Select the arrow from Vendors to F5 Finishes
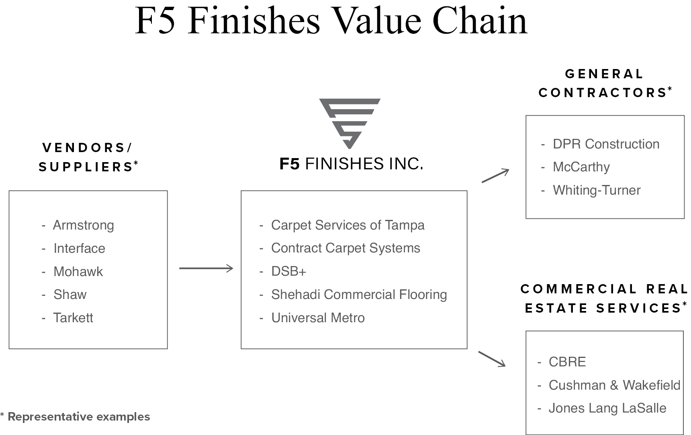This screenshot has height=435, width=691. [x=206, y=268]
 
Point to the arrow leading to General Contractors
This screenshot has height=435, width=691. [x=495, y=176]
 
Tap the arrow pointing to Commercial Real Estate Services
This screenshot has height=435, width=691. [x=492, y=359]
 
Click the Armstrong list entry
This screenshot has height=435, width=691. [x=83, y=225]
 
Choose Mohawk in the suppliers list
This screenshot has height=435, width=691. [x=78, y=272]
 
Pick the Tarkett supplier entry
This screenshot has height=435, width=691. [x=73, y=318]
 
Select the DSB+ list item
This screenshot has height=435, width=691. [x=288, y=271]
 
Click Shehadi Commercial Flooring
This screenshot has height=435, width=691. [x=359, y=295]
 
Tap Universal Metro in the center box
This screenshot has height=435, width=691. [x=318, y=318]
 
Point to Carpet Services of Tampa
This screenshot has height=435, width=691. [x=348, y=225]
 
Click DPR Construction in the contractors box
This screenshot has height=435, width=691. [x=606, y=144]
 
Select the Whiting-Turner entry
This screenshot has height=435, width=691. [x=597, y=190]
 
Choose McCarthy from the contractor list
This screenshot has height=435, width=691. [x=581, y=167]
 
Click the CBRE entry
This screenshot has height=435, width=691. [x=567, y=362]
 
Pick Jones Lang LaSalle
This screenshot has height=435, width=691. [x=607, y=408]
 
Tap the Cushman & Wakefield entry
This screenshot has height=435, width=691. [x=614, y=385]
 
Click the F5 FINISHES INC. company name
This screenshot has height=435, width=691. [x=351, y=164]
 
